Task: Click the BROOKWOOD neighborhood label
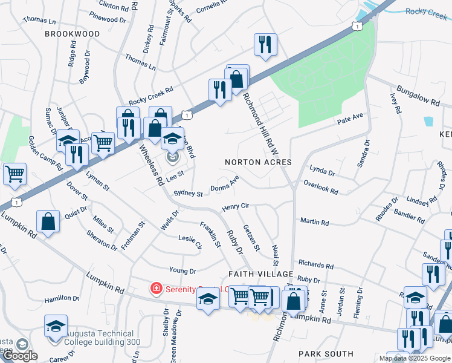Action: point(73,34)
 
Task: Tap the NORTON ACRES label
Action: point(258,162)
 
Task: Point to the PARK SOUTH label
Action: point(326,353)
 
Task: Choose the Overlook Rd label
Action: point(321,186)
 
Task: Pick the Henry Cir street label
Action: point(236,207)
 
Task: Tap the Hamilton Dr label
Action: point(62,299)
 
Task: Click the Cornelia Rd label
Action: point(212,7)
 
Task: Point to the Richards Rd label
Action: point(315,265)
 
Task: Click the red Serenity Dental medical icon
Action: point(156,288)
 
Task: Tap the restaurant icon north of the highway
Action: point(265,45)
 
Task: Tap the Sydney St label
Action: point(188,194)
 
